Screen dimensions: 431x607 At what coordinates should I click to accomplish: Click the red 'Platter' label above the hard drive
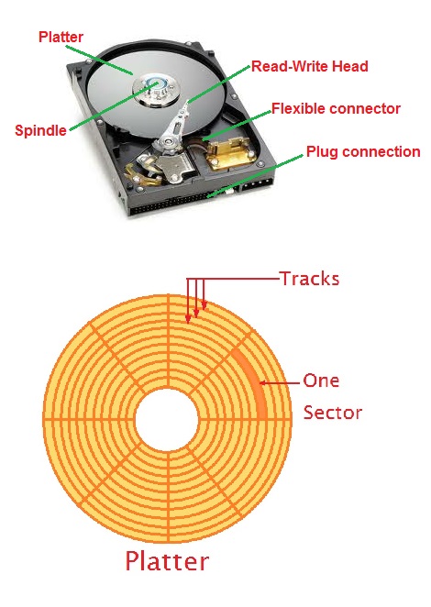(x=61, y=38)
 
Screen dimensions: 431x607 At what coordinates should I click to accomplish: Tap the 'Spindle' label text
(x=40, y=130)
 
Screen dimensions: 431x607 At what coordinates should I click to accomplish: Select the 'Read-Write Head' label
(x=310, y=66)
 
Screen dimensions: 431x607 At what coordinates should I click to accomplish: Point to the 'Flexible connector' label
(x=336, y=108)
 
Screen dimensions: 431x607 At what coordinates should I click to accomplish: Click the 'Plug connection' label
(x=363, y=151)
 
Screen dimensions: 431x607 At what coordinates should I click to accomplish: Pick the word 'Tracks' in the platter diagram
(x=309, y=279)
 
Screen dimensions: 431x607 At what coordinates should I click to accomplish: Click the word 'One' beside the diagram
(x=321, y=381)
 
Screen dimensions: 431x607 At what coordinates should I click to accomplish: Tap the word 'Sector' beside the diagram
(x=332, y=413)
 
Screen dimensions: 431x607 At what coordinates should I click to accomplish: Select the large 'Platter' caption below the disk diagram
(x=167, y=561)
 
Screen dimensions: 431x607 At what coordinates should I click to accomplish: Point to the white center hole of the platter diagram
(x=167, y=419)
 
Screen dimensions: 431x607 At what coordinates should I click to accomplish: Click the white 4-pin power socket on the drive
(x=257, y=184)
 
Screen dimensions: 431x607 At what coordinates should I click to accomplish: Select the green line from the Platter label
(x=99, y=60)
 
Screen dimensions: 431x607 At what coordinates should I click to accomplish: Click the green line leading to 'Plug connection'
(x=255, y=176)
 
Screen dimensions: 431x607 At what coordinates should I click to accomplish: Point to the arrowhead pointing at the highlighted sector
(x=262, y=383)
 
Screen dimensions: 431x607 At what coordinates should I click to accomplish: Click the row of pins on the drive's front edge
(x=170, y=206)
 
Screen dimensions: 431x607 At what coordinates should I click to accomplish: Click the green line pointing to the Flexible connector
(x=237, y=125)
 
